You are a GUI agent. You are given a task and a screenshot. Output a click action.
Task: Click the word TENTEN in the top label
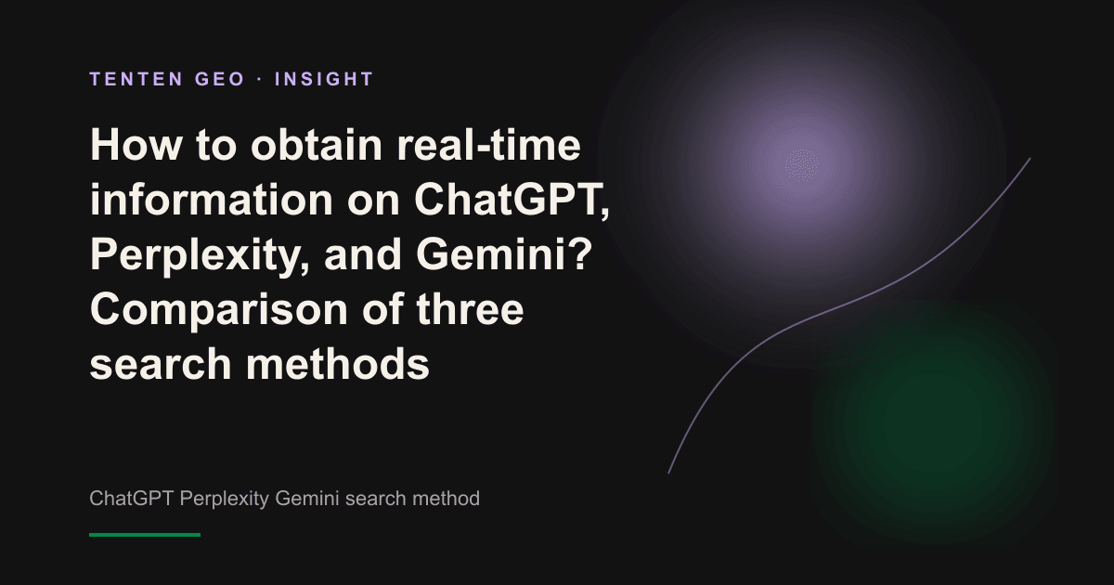[136, 79]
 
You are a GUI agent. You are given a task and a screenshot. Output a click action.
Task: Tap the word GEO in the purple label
[220, 79]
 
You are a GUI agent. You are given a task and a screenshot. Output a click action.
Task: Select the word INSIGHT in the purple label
[324, 79]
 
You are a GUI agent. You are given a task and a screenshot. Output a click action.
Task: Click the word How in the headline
[136, 145]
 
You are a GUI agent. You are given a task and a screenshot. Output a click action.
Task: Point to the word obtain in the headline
[317, 145]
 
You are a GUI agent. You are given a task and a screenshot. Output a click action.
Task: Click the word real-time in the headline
[489, 145]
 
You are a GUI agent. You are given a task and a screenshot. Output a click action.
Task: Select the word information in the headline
[212, 200]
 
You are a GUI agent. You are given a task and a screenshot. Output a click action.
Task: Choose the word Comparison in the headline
[219, 310]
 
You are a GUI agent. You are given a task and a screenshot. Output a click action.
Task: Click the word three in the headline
[470, 308]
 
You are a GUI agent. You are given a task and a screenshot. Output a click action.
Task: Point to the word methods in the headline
[338, 363]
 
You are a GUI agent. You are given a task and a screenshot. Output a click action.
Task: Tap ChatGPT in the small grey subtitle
[131, 499]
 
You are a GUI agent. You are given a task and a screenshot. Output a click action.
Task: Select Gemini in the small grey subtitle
[307, 499]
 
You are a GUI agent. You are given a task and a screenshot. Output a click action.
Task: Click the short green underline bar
[145, 535]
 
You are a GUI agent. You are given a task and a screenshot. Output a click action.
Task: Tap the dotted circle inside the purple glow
[802, 165]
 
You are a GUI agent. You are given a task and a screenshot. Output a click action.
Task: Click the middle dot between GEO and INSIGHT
[260, 80]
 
